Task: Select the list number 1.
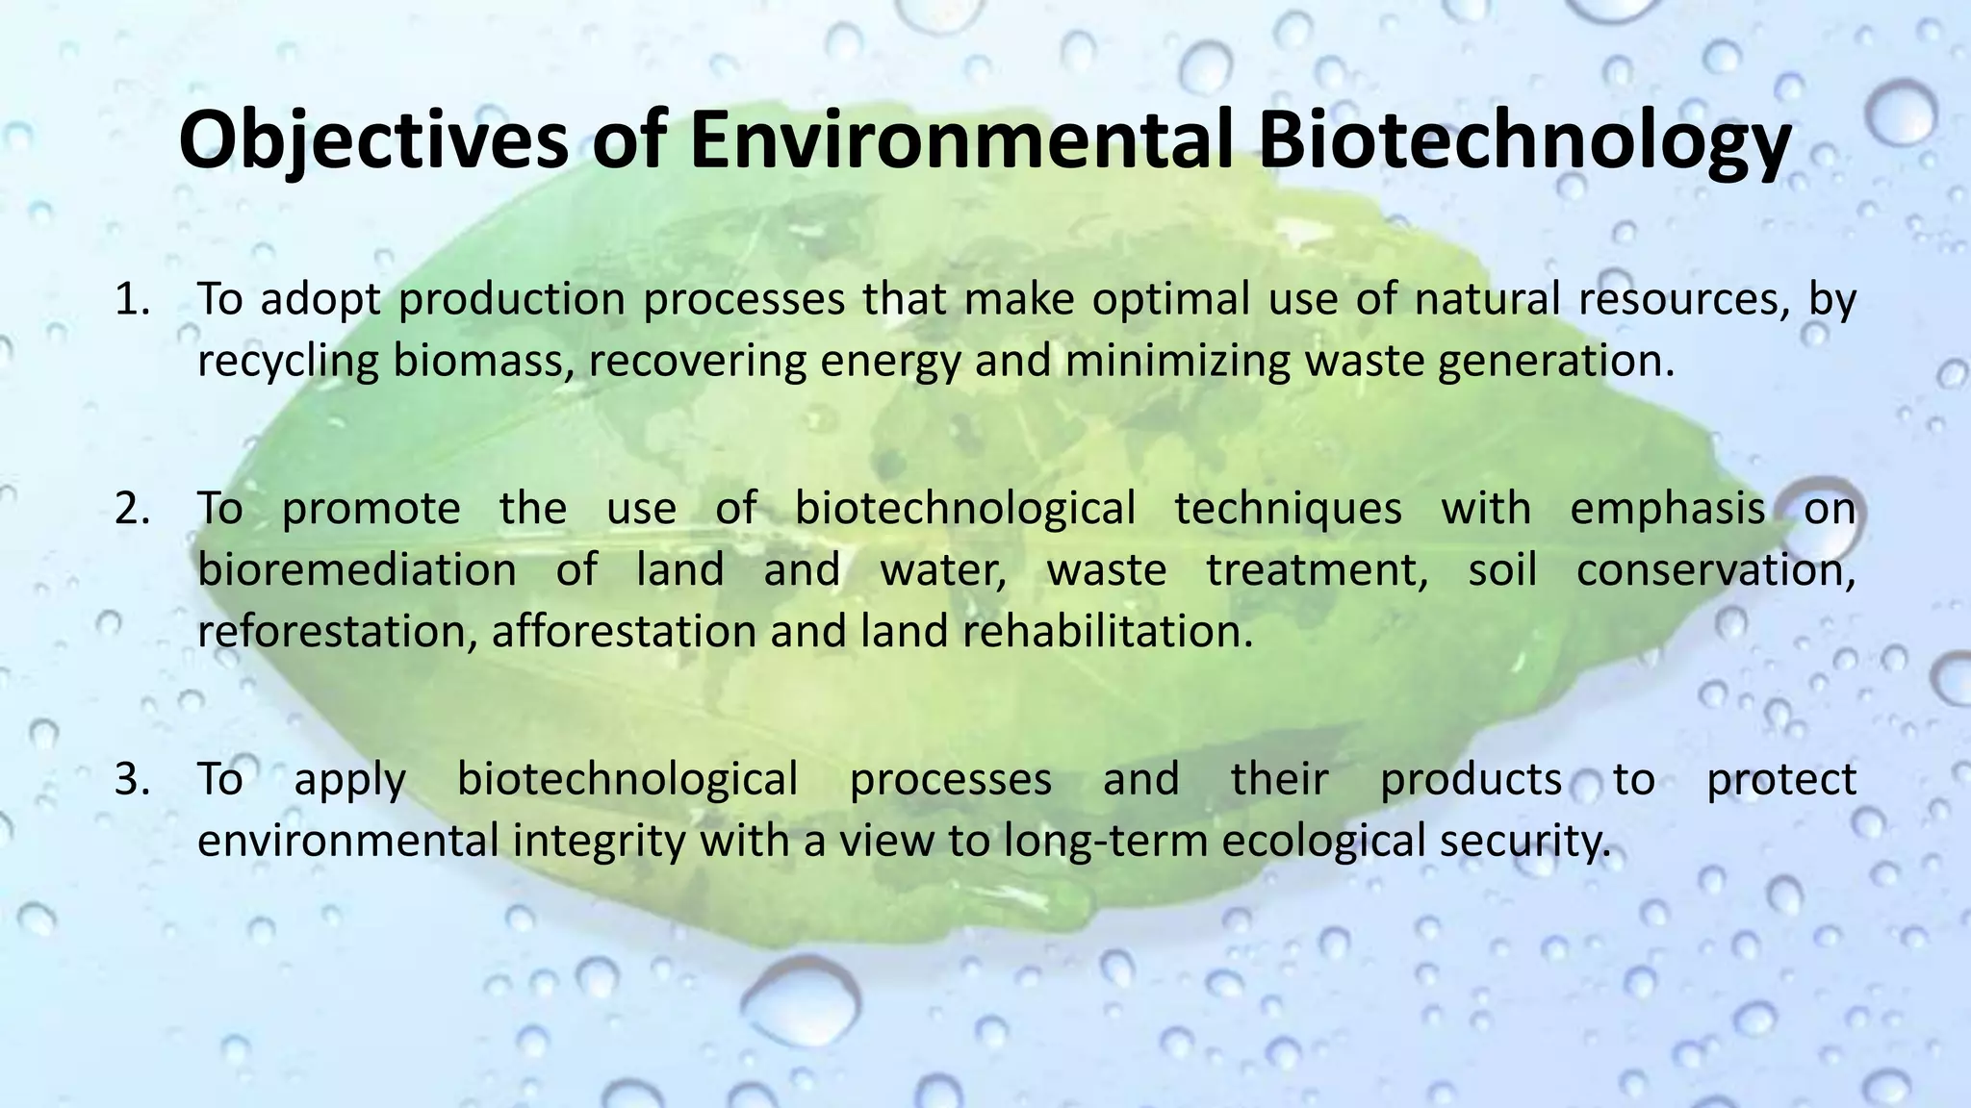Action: coord(132,299)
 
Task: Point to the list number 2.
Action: coord(132,508)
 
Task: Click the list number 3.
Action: coord(132,779)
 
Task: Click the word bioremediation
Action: coord(357,570)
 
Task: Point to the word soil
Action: coord(1501,570)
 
